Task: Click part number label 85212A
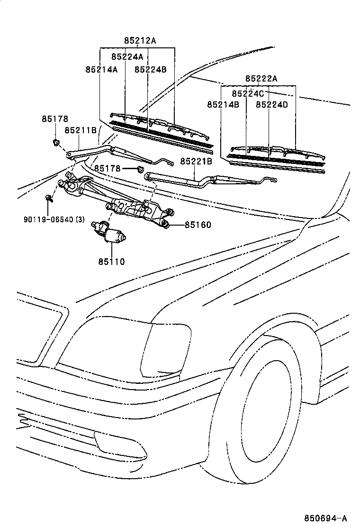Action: (140, 41)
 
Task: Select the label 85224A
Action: (127, 56)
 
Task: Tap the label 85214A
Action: (101, 69)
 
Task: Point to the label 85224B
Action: (150, 69)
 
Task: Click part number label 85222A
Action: (261, 79)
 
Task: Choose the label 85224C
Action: (248, 93)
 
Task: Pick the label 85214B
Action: (223, 104)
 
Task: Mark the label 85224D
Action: (271, 104)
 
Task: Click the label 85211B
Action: (81, 130)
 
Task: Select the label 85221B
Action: (196, 162)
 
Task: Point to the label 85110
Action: (112, 261)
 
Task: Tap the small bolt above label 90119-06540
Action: (48, 198)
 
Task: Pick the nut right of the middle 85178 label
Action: (140, 169)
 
